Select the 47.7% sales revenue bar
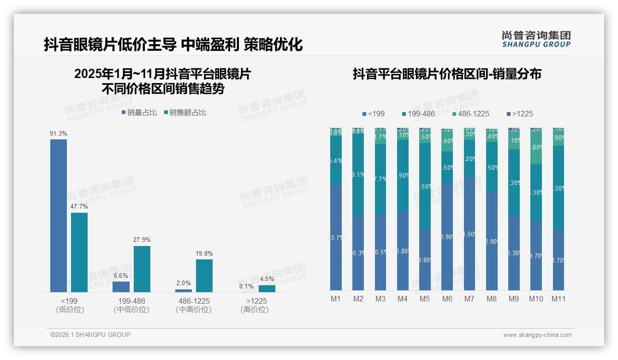point(79,252)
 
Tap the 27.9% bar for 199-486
point(142,269)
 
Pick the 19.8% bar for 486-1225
point(204,276)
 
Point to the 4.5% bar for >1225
point(267,288)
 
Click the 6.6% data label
point(121,276)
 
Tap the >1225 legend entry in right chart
point(519,114)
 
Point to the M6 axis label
point(447,299)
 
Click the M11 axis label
point(558,299)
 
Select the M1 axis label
point(336,299)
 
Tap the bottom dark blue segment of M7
point(469,234)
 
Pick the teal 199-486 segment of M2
point(358,175)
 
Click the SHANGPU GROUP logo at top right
point(536,39)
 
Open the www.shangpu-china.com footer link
point(537,335)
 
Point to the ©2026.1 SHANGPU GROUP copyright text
point(90,335)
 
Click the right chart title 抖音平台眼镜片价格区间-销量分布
point(446,74)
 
